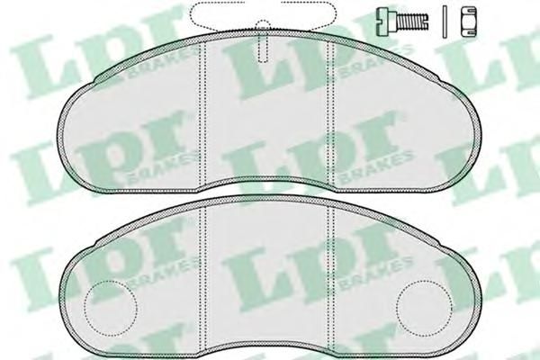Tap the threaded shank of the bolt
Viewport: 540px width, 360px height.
412,22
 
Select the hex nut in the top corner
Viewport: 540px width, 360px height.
469,22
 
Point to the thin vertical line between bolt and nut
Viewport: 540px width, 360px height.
445,22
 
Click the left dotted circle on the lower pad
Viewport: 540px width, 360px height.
111,308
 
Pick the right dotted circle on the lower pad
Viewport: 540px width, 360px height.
424,308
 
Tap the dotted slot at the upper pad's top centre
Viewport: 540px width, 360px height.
263,41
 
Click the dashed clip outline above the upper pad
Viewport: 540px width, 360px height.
263,13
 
